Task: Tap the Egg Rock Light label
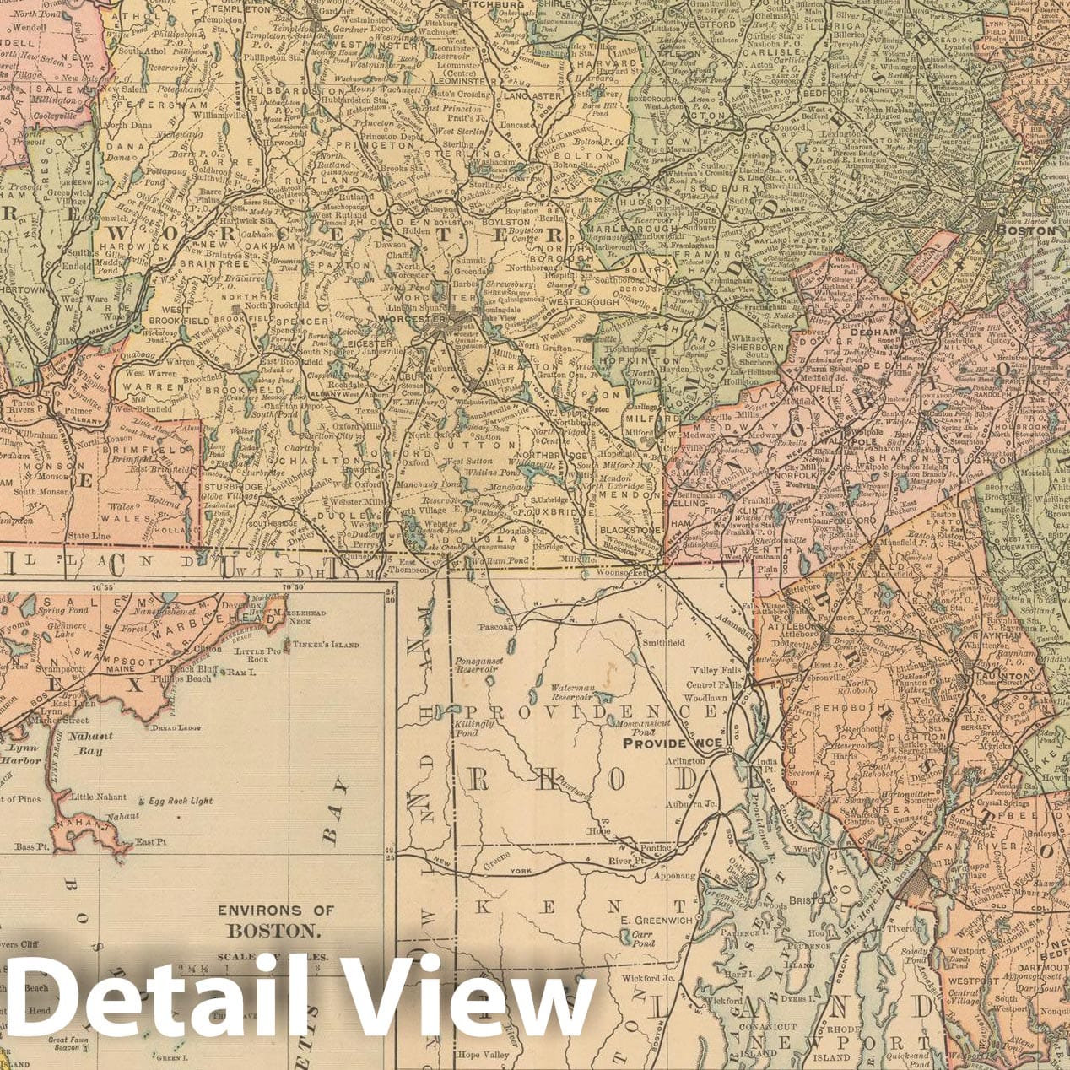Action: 176,801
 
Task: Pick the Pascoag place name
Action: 495,628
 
